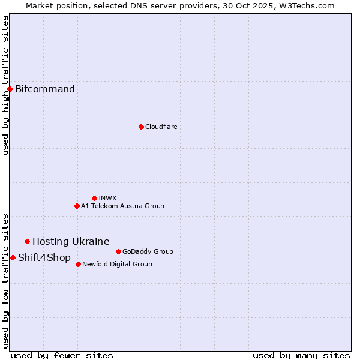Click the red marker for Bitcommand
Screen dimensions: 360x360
click(x=10, y=89)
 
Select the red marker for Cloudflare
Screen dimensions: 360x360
click(x=141, y=127)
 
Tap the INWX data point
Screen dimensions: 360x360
click(x=94, y=198)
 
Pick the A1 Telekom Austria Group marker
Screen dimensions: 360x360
click(x=77, y=206)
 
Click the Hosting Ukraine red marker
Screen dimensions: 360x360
click(x=27, y=241)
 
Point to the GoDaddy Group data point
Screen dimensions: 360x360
click(x=118, y=251)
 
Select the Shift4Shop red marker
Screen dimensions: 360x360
click(x=13, y=257)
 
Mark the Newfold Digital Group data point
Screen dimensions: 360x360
click(x=78, y=264)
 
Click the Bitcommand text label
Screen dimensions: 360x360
click(x=45, y=89)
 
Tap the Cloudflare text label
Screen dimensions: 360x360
click(x=161, y=127)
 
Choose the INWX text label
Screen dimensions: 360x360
click(x=107, y=198)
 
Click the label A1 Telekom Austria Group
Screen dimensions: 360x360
click(x=122, y=206)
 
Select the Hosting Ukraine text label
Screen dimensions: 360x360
click(x=71, y=241)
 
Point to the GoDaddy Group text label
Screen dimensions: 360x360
click(x=148, y=251)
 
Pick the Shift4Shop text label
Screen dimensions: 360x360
click(x=44, y=257)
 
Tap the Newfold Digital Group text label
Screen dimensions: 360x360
click(x=117, y=264)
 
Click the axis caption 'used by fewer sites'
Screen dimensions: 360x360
click(x=62, y=355)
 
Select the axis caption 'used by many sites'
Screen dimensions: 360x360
click(x=301, y=355)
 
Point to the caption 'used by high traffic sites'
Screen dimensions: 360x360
click(x=5, y=85)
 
